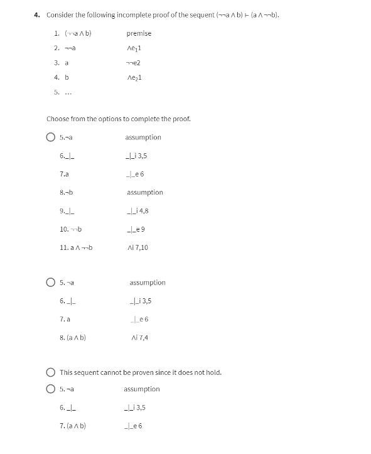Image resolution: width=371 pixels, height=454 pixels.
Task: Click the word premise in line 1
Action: pos(139,33)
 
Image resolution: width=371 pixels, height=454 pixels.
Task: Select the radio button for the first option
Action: pos(50,138)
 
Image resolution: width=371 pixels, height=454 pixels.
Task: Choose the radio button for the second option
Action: pos(50,283)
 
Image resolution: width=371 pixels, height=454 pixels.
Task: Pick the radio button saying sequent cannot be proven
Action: pos(50,372)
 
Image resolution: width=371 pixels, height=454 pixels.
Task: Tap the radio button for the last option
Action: pos(50,389)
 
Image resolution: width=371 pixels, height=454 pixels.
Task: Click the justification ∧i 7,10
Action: pos(137,247)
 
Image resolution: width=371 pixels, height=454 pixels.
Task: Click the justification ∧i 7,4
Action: pos(139,338)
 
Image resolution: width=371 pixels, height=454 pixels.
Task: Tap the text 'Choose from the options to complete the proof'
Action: pos(119,119)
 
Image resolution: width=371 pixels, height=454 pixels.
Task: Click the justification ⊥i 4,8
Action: pos(137,211)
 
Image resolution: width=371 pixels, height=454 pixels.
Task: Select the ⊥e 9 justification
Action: pos(135,229)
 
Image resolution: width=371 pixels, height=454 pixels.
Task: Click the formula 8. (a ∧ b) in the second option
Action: pos(73,338)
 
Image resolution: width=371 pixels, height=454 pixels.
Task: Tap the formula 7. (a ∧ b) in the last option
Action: pos(73,426)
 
